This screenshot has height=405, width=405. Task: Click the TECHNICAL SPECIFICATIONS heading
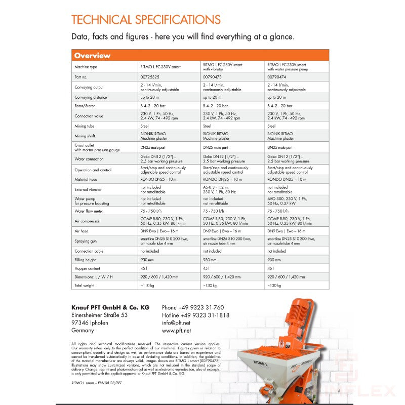point(146,20)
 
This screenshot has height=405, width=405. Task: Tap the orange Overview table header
point(92,55)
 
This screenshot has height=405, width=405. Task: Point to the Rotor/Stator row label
point(85,106)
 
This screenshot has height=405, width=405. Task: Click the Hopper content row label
point(87,268)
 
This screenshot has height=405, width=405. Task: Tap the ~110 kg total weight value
point(147,286)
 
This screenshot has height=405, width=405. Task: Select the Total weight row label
point(85,286)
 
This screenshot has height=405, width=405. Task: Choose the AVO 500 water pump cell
point(287,200)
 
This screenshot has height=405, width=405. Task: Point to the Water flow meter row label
point(89,210)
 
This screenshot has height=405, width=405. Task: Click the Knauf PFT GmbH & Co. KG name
point(110,307)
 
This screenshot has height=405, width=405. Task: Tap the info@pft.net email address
point(176,322)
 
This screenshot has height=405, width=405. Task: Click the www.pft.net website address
point(176,330)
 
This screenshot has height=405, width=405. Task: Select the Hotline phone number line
point(195,315)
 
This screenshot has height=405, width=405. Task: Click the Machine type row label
point(86,67)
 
